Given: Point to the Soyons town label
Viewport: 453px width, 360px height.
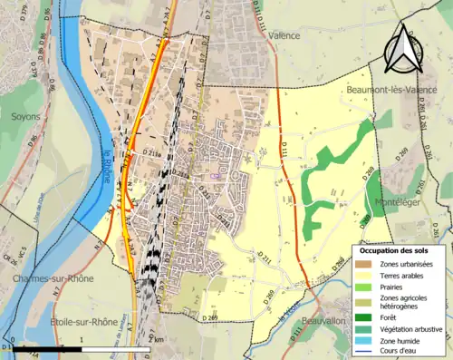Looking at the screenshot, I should (x=25, y=116).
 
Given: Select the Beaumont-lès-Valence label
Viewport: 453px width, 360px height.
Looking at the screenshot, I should (x=392, y=90).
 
